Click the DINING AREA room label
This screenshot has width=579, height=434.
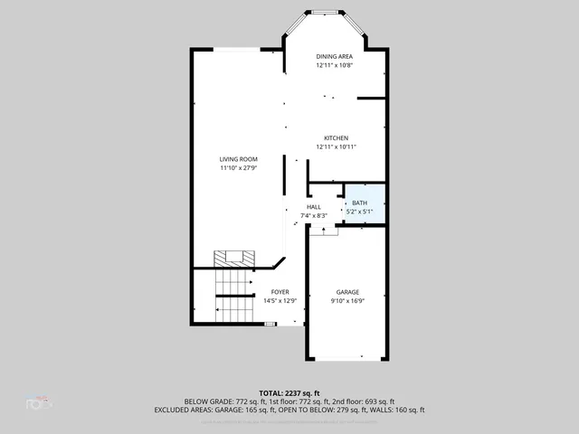coord(335,56)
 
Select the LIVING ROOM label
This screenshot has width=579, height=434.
coord(238,159)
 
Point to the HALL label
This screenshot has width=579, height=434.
coord(313,207)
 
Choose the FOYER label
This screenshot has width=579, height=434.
coord(280,292)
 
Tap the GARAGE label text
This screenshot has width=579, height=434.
coord(348,292)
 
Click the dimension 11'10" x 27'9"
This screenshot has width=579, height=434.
coord(238,168)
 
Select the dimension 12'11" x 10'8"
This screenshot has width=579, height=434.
coord(335,65)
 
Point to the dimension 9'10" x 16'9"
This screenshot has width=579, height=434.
coord(348,301)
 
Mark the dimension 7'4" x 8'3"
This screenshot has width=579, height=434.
coord(313,215)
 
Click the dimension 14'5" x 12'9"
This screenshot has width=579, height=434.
coord(280,301)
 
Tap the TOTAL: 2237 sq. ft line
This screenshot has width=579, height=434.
coord(289,392)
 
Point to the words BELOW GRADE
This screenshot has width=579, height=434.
coord(207,401)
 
